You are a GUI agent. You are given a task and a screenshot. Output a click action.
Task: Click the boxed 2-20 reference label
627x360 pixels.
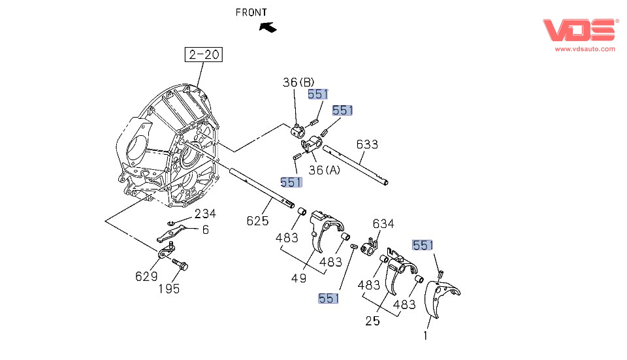click(x=204, y=55)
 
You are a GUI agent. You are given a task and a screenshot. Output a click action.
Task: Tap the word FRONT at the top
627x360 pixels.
click(x=251, y=12)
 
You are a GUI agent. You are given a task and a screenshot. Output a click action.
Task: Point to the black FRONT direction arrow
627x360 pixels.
click(x=267, y=27)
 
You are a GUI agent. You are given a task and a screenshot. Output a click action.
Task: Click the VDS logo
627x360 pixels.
click(x=579, y=30)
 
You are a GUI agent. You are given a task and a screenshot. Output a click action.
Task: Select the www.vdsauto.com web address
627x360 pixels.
click(x=585, y=49)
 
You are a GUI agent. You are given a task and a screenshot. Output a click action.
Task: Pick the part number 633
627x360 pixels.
click(x=367, y=144)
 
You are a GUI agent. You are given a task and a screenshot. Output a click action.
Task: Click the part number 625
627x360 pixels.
click(x=257, y=221)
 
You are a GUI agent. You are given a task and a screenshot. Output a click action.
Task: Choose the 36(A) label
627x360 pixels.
click(x=325, y=171)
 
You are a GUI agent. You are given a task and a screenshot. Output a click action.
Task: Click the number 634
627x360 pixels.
click(x=383, y=224)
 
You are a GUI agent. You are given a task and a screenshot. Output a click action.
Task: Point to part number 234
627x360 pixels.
click(x=205, y=214)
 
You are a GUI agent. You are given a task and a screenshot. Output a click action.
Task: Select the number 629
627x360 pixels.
click(x=146, y=276)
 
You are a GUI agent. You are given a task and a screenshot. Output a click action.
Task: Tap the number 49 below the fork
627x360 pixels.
click(x=298, y=278)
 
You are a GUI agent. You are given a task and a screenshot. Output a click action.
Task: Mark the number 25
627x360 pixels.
click(x=372, y=321)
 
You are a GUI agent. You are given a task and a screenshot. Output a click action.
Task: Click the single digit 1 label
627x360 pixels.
click(x=425, y=336)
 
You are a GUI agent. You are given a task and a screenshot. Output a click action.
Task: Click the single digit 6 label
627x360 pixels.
click(x=205, y=229)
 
